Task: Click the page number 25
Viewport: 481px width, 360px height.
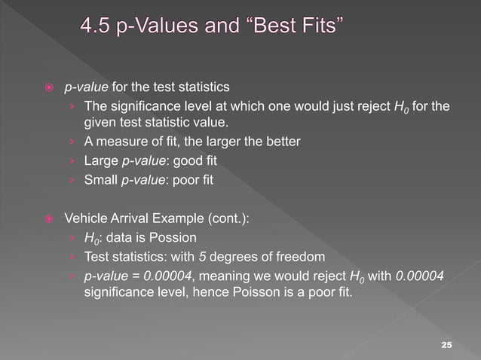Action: [446, 344]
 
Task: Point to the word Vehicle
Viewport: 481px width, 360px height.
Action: [85, 219]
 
